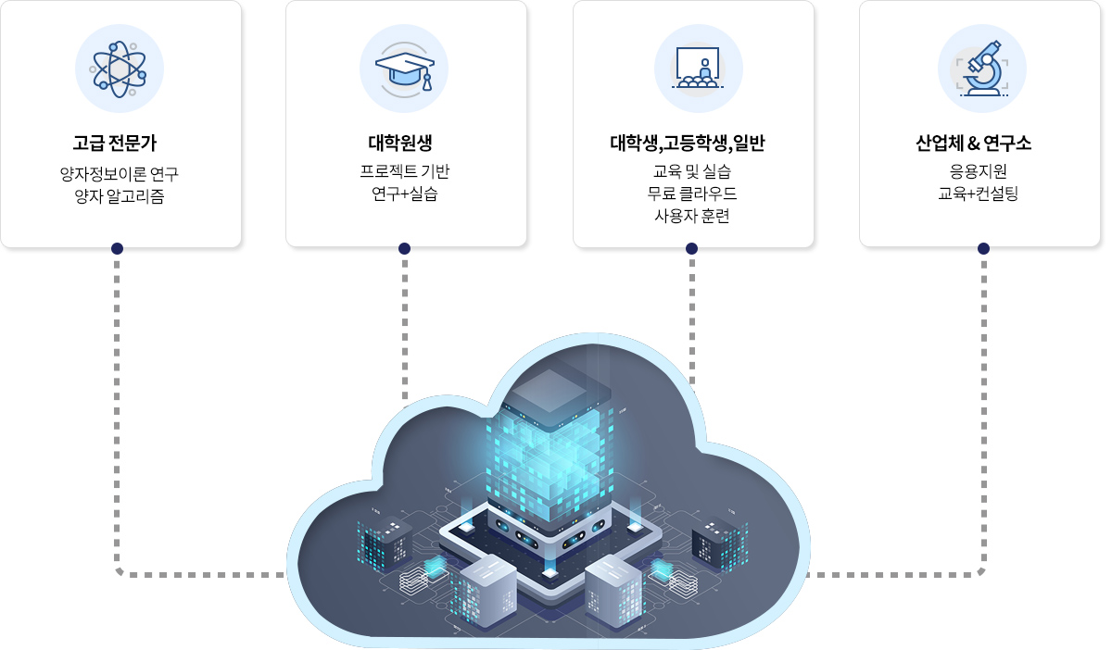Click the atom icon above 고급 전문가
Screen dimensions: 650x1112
[x=120, y=69]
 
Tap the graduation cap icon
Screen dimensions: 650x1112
[x=404, y=69]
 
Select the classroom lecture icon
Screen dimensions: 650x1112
[x=699, y=69]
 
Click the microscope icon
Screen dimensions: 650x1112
[x=982, y=69]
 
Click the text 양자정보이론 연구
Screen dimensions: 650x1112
[x=119, y=173]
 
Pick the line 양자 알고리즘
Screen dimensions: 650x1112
[x=120, y=195]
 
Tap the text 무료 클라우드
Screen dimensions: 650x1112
[x=692, y=194]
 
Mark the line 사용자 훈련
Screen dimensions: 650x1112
[x=692, y=217]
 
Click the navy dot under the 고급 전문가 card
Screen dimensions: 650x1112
[x=117, y=248]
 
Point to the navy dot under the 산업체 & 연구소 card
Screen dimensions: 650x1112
[x=983, y=248]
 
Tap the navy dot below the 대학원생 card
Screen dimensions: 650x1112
[x=404, y=248]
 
